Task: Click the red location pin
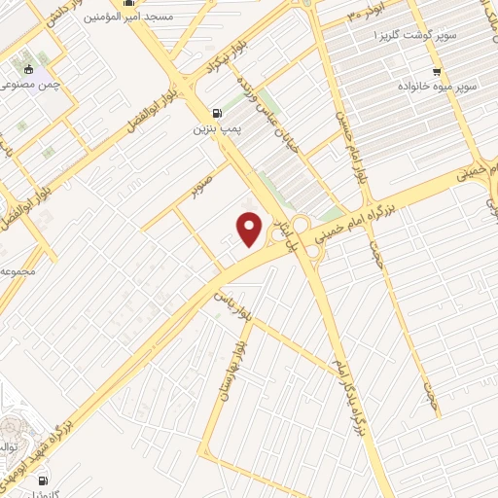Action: point(250,229)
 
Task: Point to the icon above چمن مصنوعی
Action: point(29,68)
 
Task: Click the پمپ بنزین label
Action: point(215,127)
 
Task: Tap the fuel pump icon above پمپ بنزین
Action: point(215,112)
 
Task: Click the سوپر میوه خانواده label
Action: point(436,86)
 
